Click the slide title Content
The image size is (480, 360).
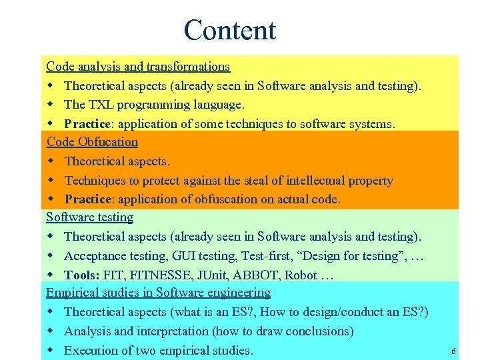(x=229, y=30)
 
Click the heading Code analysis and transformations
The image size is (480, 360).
(x=138, y=67)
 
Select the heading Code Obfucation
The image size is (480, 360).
(x=92, y=142)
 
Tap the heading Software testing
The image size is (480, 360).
(x=89, y=217)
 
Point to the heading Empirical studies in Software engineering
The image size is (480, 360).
(x=158, y=293)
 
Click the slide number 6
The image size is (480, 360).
(x=453, y=352)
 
